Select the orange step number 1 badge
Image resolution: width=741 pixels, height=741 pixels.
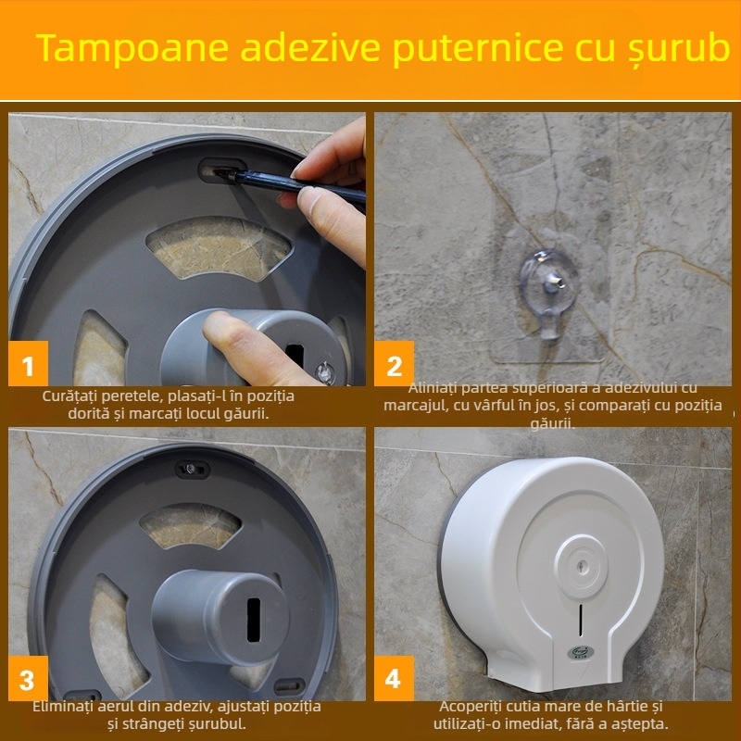click(x=28, y=366)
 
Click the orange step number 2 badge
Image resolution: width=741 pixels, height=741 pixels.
click(x=394, y=366)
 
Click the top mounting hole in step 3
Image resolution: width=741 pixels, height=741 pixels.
click(x=192, y=470)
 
